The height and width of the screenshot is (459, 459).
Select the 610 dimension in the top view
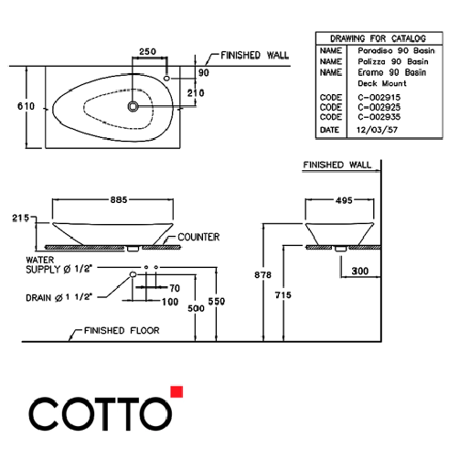click(27, 106)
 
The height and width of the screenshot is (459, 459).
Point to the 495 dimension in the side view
click(342, 199)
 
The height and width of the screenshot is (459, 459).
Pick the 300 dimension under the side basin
click(361, 272)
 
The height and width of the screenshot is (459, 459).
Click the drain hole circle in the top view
click(135, 106)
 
